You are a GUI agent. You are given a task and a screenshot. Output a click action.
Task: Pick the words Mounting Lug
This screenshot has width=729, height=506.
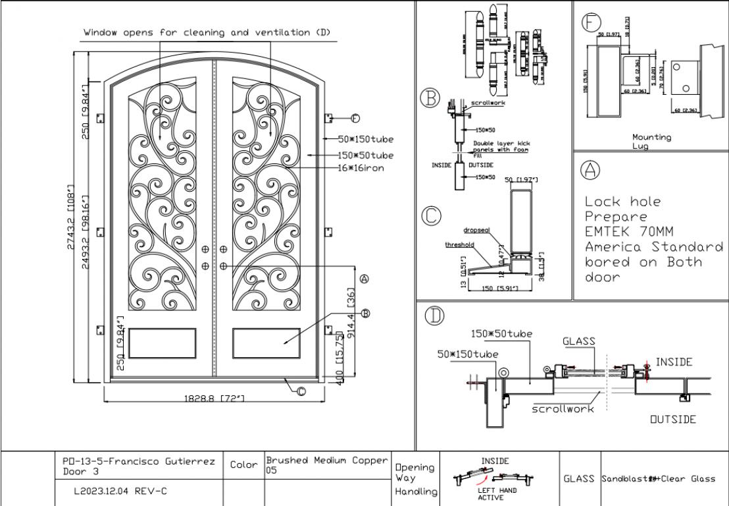652,141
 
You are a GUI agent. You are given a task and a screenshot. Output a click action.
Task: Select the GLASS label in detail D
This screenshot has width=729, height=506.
579,341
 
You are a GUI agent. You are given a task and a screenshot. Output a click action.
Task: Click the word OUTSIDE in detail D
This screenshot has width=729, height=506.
672,419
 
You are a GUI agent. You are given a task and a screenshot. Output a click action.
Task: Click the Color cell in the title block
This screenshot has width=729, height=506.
244,464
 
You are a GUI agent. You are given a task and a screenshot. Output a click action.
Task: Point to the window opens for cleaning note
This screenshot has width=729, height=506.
207,32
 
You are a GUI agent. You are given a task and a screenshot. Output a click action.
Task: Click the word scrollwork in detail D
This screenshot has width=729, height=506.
563,408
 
